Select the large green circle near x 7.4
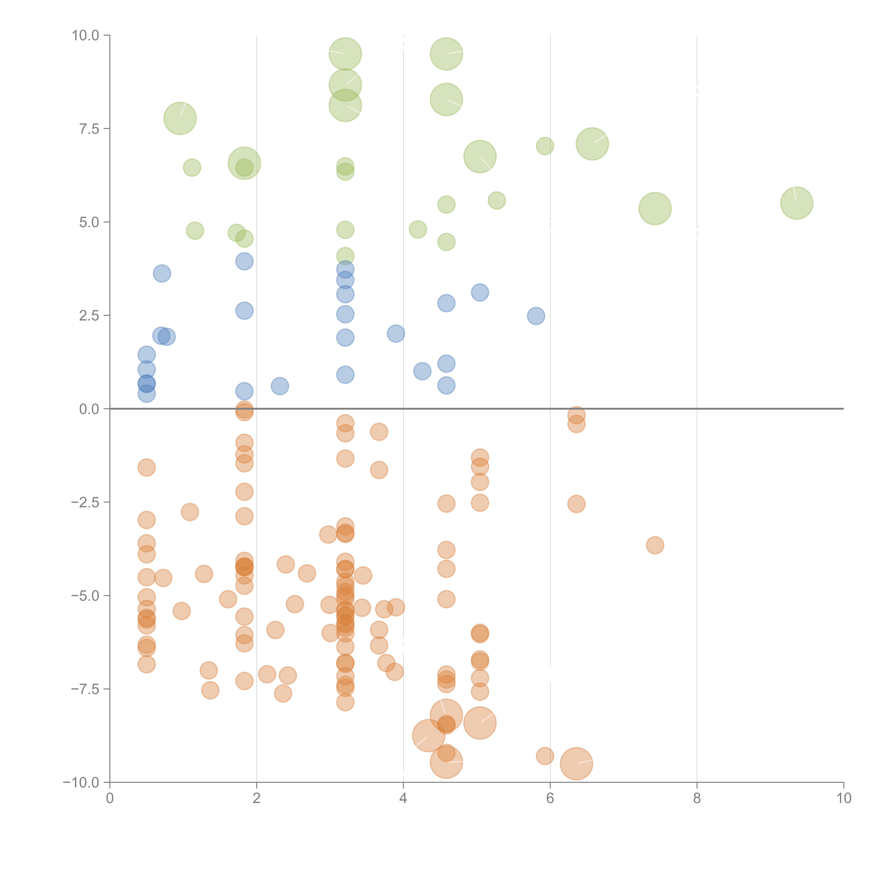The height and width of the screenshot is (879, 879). point(655,208)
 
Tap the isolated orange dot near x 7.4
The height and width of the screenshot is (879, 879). point(655,545)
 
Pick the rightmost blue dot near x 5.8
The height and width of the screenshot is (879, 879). point(536,316)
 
